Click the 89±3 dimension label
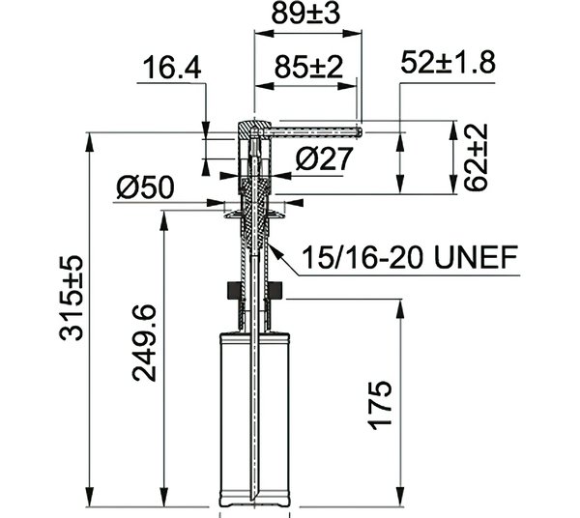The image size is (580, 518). [305, 14]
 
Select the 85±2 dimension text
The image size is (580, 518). [308, 67]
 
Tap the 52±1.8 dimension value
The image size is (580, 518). [448, 62]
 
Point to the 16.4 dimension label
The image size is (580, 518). [172, 68]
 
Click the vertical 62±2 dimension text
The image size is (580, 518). [476, 158]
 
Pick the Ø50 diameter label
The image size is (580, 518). [145, 187]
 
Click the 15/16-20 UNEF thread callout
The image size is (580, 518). [410, 257]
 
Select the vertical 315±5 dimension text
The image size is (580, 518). [72, 298]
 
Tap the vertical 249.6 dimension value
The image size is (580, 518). [144, 343]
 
